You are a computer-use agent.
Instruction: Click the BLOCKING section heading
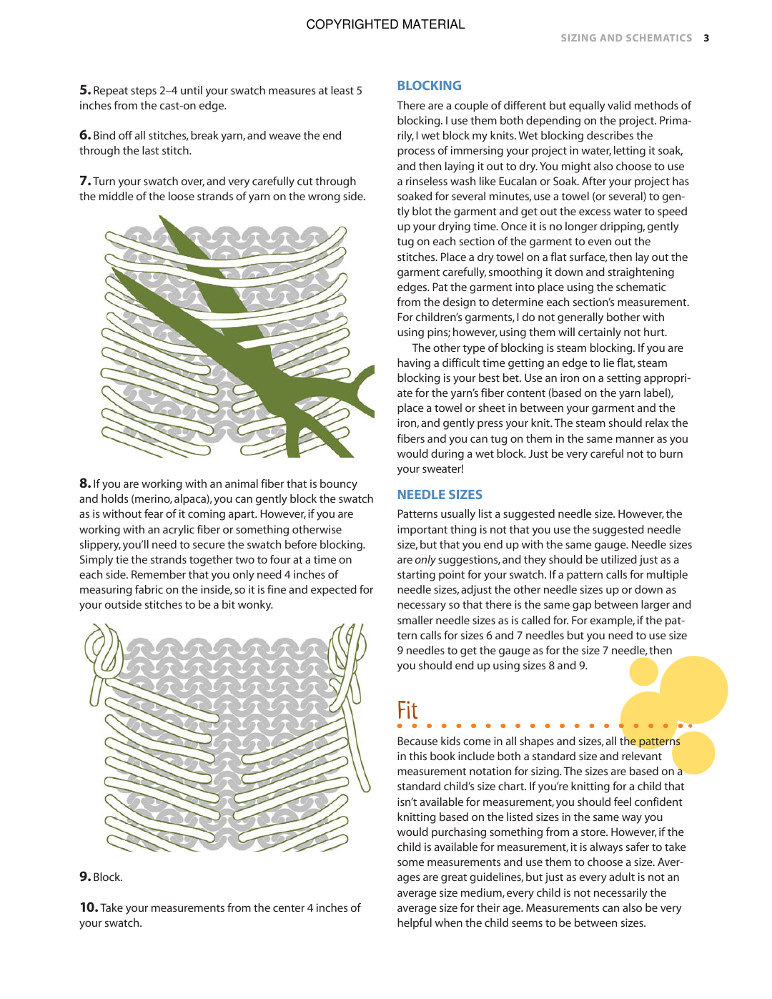coord(429,86)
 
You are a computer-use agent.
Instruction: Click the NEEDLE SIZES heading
coord(440,495)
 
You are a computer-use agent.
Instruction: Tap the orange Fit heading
coord(407,710)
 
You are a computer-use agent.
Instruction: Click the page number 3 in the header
coord(706,38)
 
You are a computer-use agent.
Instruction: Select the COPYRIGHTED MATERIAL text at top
coord(385,24)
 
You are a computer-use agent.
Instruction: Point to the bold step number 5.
coord(85,90)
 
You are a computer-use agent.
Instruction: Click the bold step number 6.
coord(85,135)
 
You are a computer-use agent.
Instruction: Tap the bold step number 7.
coord(85,181)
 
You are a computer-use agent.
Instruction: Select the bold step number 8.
coord(85,483)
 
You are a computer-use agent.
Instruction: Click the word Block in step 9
coord(107,877)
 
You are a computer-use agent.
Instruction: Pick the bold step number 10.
coord(89,907)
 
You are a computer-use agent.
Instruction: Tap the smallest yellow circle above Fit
coord(643,671)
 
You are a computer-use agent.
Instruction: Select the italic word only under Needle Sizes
coord(425,560)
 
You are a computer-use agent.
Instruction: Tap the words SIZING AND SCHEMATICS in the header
coord(626,38)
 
